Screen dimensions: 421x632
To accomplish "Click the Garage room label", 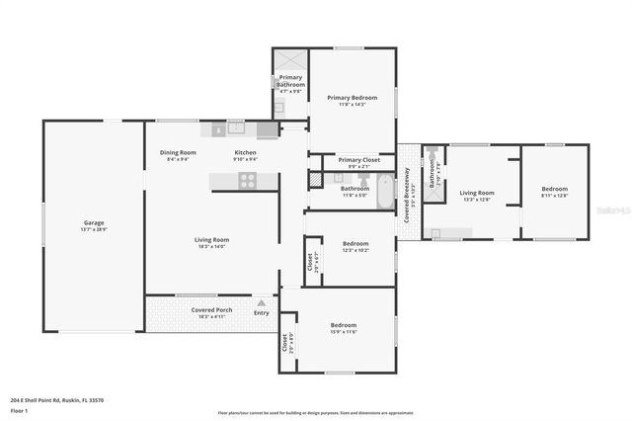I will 94,223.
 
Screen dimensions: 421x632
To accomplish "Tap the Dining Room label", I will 179,153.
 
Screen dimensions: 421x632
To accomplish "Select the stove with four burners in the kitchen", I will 247,180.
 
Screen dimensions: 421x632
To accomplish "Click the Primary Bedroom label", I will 353,98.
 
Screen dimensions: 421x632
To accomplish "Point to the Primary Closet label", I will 358,160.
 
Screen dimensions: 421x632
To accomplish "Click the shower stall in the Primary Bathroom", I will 290,60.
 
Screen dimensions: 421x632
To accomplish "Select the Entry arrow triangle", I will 262,303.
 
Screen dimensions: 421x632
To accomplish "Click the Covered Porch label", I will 211,310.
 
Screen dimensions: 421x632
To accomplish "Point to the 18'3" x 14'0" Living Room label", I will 211,240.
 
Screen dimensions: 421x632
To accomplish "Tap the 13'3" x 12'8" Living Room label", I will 476,194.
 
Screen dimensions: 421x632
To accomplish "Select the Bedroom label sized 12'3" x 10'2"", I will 355,244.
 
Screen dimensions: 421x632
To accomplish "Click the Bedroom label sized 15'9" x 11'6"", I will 344,325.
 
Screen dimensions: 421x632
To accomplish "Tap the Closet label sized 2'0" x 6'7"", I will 310,263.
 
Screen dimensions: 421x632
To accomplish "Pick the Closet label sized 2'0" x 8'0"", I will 286,343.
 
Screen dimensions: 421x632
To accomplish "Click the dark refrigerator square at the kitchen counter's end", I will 267,128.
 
